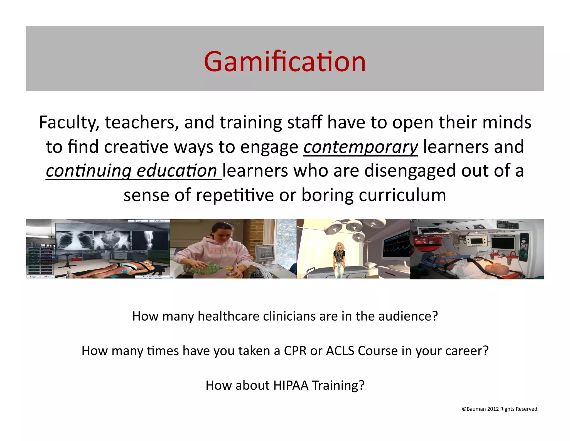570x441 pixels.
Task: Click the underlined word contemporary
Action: (x=360, y=147)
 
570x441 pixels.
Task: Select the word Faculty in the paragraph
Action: (x=69, y=123)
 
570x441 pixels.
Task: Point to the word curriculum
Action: (x=402, y=195)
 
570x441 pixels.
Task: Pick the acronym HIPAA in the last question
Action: (x=291, y=386)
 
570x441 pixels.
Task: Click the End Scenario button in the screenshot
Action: (x=152, y=277)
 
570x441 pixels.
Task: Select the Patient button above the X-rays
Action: (x=159, y=221)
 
